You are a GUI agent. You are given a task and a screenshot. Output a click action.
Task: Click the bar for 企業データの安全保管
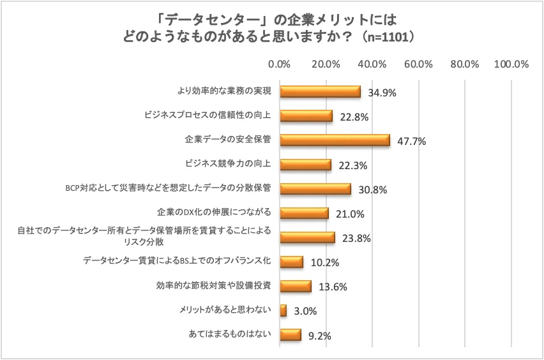pyautogui.click(x=335, y=140)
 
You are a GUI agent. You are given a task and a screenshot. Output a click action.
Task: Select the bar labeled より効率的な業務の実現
pyautogui.click(x=320, y=92)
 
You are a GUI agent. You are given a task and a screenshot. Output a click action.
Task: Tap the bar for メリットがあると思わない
pyautogui.click(x=283, y=311)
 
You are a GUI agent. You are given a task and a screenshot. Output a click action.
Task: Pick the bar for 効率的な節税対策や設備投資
pyautogui.click(x=296, y=287)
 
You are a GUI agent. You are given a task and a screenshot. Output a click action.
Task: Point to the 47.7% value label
pyautogui.click(x=411, y=141)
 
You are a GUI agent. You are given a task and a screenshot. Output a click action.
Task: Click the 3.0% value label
pyautogui.click(x=305, y=311)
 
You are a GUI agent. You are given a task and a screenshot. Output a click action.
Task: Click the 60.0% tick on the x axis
pyautogui.click(x=419, y=64)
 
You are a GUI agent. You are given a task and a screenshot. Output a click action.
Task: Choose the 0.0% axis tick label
pyautogui.click(x=280, y=64)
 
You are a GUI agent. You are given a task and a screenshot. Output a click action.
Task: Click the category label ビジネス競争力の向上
pyautogui.click(x=228, y=164)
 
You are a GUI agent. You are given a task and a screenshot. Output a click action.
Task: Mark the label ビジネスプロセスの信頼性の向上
pyautogui.click(x=209, y=116)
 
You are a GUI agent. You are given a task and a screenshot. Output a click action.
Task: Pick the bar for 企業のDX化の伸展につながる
pyautogui.click(x=304, y=213)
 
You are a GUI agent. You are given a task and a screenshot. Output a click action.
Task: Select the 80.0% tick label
pyautogui.click(x=465, y=64)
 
